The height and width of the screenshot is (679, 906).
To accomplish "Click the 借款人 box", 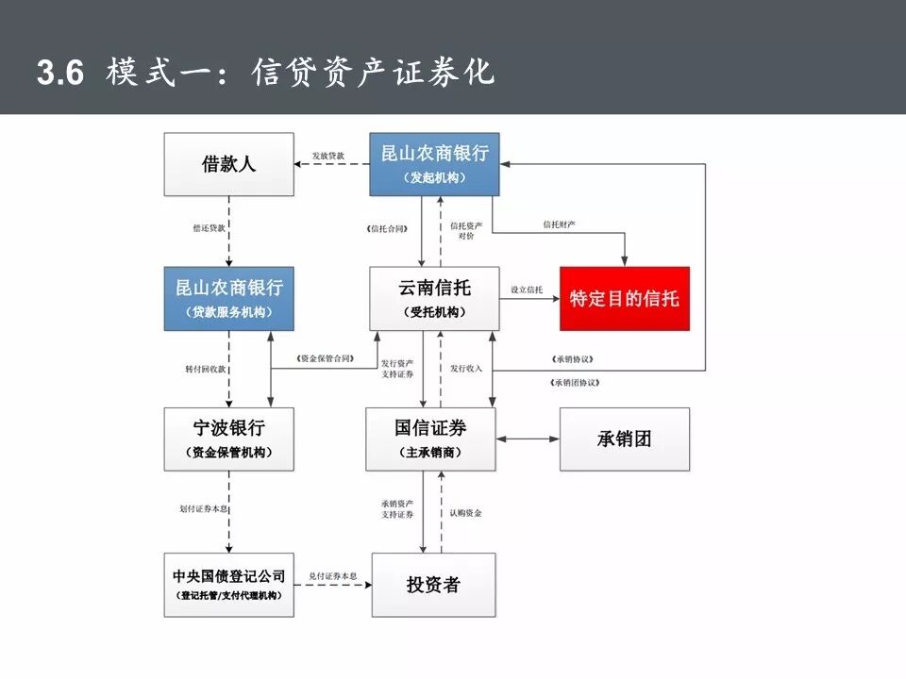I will [228, 164].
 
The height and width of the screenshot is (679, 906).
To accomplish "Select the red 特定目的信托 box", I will [624, 298].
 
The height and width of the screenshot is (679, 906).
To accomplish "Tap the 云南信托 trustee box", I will [434, 298].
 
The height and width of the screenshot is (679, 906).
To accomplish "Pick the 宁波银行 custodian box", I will [228, 439].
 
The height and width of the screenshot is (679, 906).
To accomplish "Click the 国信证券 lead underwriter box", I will [431, 439].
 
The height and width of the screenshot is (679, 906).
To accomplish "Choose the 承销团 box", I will [624, 439].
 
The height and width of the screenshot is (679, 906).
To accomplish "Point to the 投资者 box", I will [433, 585].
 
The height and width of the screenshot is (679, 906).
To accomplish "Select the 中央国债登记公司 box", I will [228, 585].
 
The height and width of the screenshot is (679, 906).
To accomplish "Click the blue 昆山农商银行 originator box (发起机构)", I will [434, 164].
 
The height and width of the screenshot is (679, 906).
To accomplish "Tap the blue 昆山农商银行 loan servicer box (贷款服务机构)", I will [228, 298].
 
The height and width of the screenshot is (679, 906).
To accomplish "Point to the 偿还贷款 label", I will [210, 228].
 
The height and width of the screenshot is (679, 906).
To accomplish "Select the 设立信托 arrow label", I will [527, 290].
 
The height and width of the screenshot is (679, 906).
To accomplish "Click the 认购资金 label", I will [465, 513].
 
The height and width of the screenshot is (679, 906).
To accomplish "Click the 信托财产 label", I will [559, 224].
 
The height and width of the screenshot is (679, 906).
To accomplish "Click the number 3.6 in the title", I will [60, 74].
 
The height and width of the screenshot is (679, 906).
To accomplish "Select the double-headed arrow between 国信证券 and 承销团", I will [528, 439].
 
